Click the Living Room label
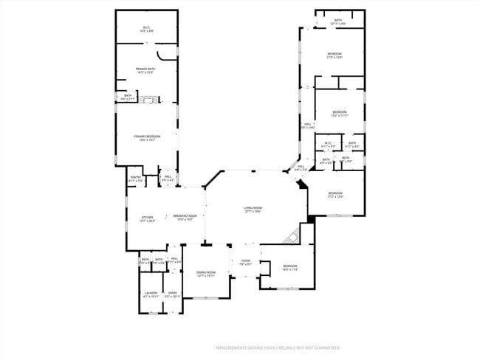click(x=253, y=210)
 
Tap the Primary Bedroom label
click(x=147, y=138)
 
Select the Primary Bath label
click(x=145, y=70)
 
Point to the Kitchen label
click(x=147, y=218)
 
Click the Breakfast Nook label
click(x=183, y=218)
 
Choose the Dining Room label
click(x=205, y=274)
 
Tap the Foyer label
click(x=246, y=262)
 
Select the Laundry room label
click(x=151, y=295)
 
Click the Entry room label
click(x=172, y=295)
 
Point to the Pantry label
click(x=136, y=179)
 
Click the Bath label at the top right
click(x=338, y=21)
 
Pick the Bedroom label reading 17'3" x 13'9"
click(x=335, y=56)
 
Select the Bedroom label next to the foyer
click(x=289, y=267)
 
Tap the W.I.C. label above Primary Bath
click(x=146, y=30)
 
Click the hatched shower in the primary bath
click(x=151, y=99)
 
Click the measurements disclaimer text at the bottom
click(x=277, y=347)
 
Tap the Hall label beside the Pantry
click(x=168, y=178)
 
